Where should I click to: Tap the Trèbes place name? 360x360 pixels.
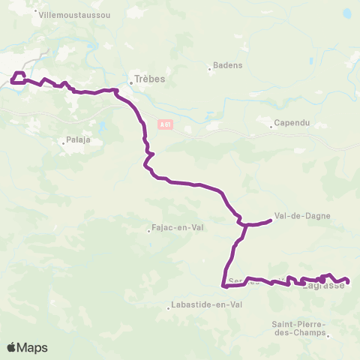tap(150, 78)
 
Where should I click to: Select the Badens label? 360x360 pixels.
tap(228, 65)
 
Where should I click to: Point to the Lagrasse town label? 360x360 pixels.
tap(323, 286)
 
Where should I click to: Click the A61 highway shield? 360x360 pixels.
tap(166, 125)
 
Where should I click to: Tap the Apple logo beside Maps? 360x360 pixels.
tap(13, 347)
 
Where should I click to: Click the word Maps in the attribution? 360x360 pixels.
tap(33, 347)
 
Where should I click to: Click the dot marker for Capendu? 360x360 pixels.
tap(274, 119)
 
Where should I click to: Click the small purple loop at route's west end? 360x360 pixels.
tap(18, 76)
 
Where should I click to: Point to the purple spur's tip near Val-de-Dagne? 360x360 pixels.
tap(270, 220)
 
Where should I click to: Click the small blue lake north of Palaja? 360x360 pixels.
tap(99, 124)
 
